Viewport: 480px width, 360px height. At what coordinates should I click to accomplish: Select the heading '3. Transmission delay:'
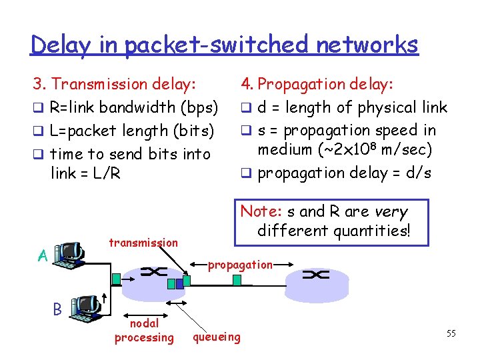(x=115, y=84)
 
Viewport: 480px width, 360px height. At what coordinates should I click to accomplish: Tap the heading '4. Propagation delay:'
(x=317, y=84)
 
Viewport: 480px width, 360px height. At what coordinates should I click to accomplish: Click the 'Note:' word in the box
(x=261, y=212)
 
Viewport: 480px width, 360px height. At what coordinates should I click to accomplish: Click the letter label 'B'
(x=58, y=309)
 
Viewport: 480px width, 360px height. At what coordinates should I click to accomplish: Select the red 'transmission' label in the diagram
(x=143, y=243)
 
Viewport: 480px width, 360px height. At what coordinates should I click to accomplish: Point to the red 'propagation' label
(x=240, y=265)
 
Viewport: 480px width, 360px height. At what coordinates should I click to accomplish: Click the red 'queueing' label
(x=217, y=337)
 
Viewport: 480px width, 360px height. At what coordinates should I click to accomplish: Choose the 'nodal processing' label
(x=143, y=331)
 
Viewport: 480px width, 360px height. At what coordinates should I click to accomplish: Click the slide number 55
(x=451, y=333)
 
